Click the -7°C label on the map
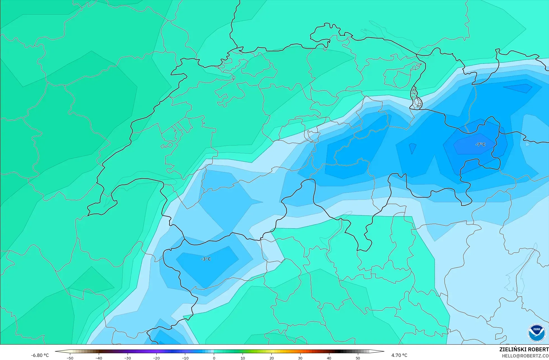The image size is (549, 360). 480,144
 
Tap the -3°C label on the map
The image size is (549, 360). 206,259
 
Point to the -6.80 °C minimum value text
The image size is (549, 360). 40,355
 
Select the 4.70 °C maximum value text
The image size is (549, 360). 399,355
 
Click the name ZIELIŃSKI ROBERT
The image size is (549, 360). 524,349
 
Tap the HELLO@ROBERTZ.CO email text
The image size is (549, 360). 525,356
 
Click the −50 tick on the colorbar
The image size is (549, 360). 70,358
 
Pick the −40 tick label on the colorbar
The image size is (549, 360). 99,358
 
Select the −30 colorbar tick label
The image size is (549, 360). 128,358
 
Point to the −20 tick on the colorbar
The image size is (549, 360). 156,358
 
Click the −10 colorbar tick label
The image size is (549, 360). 185,358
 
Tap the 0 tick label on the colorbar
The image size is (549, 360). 214,358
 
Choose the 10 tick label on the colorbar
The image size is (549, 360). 243,358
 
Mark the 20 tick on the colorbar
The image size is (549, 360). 271,358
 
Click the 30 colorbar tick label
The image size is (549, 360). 300,358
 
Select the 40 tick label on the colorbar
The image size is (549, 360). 329,358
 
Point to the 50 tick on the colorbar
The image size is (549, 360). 358,358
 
